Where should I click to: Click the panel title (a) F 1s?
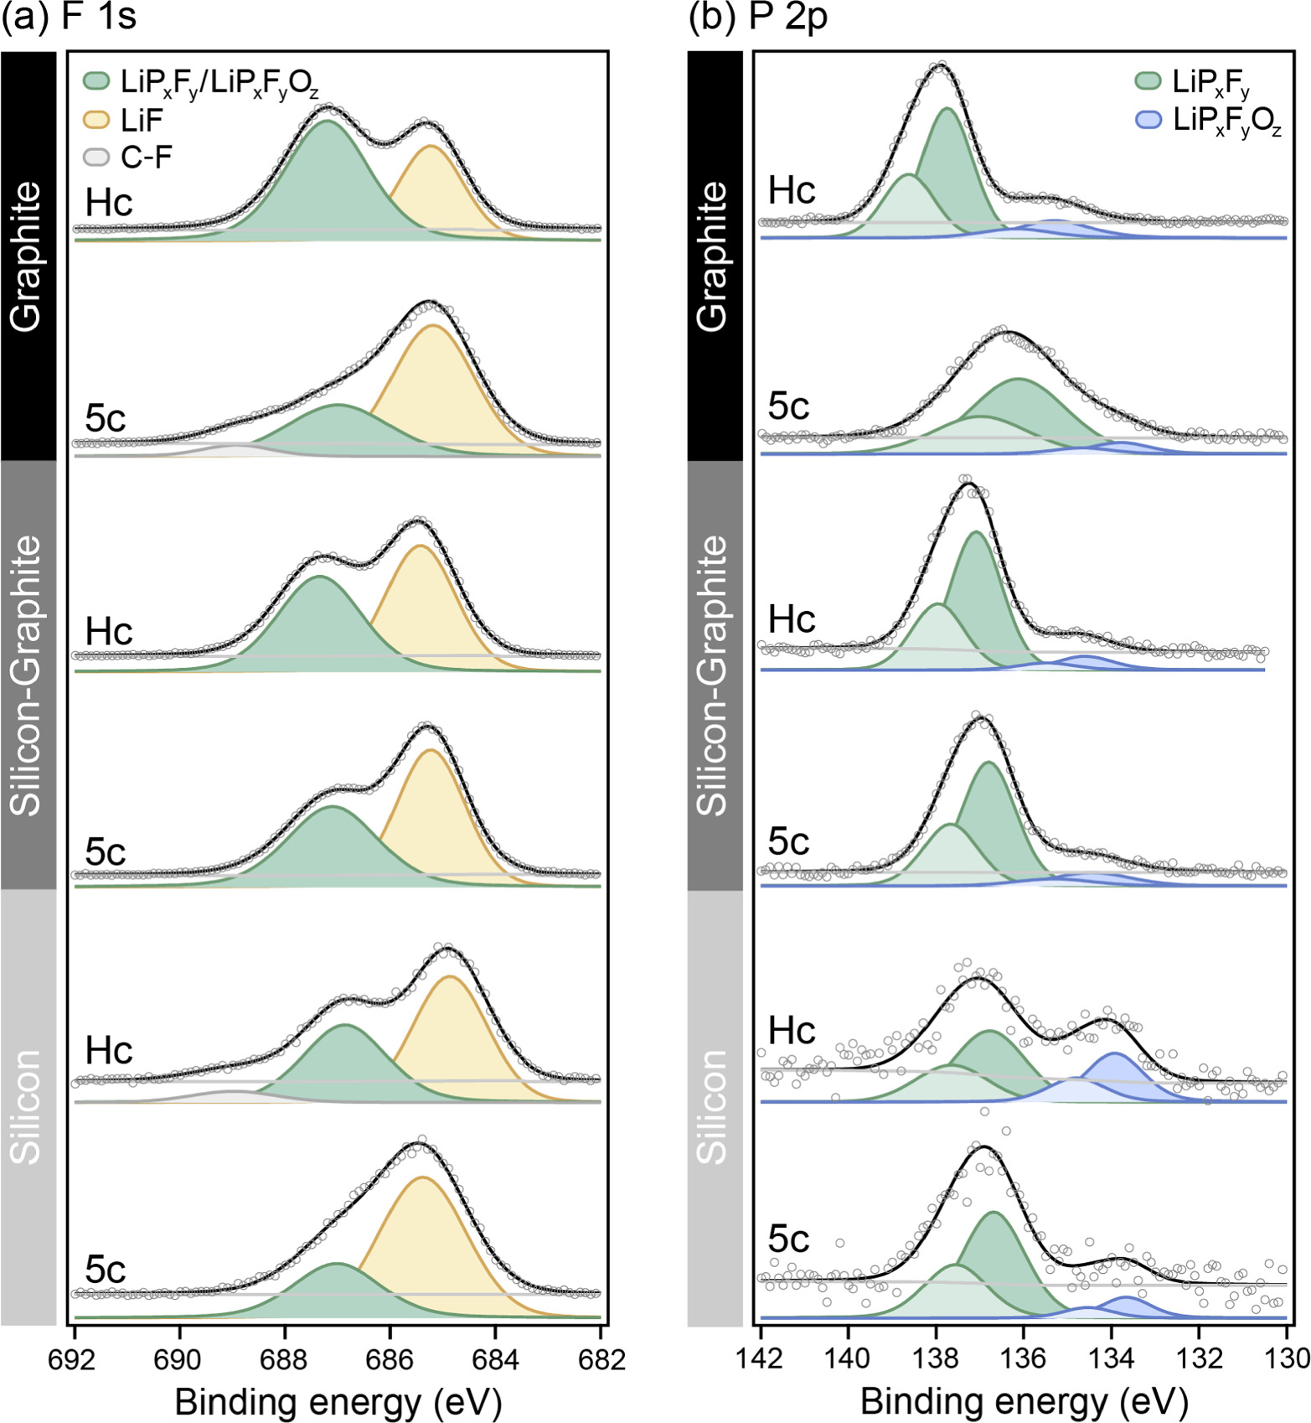69,18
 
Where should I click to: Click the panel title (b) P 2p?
757,18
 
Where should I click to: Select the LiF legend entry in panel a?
141,121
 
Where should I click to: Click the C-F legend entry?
146,157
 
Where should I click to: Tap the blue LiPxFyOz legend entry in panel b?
1226,121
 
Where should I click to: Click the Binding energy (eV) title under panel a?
338,1401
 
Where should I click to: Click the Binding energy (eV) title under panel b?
1024,1401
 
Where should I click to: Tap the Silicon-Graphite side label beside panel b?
714,675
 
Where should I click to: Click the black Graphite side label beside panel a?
28,256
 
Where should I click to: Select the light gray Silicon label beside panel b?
714,1106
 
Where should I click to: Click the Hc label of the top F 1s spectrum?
109,203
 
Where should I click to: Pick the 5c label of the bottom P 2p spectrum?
788,1239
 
